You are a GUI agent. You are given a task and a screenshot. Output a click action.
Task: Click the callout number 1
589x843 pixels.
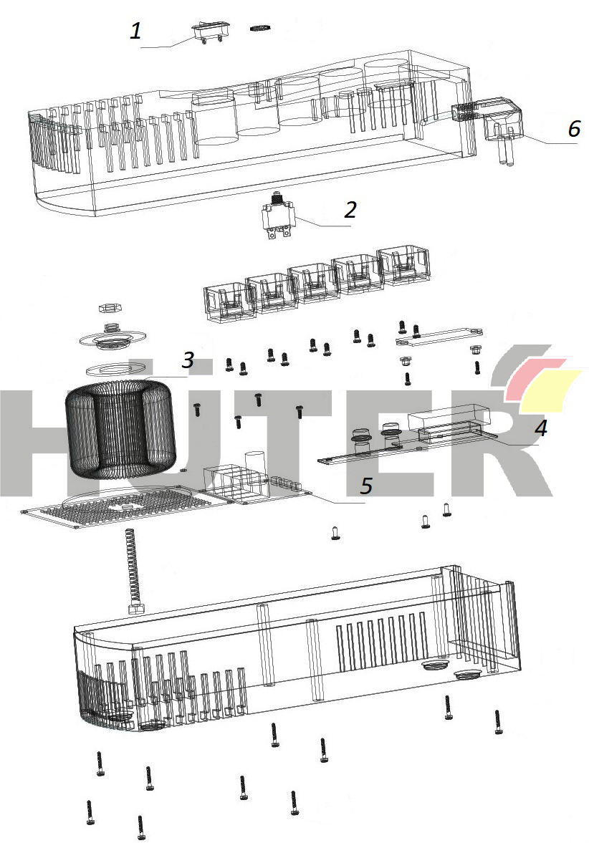pos(136,30)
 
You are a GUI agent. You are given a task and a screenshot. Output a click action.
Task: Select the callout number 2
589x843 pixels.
pos(350,210)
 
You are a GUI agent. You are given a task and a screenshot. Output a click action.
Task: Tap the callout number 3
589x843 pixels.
pos(188,360)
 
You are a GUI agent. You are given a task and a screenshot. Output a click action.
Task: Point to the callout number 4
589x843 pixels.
pos(540,428)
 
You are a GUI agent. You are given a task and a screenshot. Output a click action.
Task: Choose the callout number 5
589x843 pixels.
pos(365,486)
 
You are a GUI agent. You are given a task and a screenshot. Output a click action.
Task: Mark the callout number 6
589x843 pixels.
pos(574,128)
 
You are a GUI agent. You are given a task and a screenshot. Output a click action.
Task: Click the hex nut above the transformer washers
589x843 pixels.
pos(111,308)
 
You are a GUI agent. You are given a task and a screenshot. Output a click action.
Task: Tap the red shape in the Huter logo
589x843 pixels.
pos(535,379)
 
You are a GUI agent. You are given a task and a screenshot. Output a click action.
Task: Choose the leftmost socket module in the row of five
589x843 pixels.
pos(230,303)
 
